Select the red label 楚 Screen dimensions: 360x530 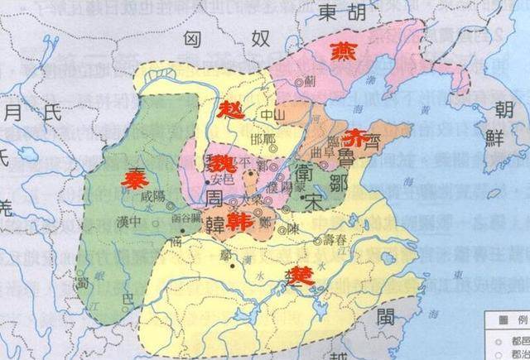303,275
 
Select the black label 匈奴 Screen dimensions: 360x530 224,39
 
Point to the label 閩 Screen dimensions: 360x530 387,316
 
